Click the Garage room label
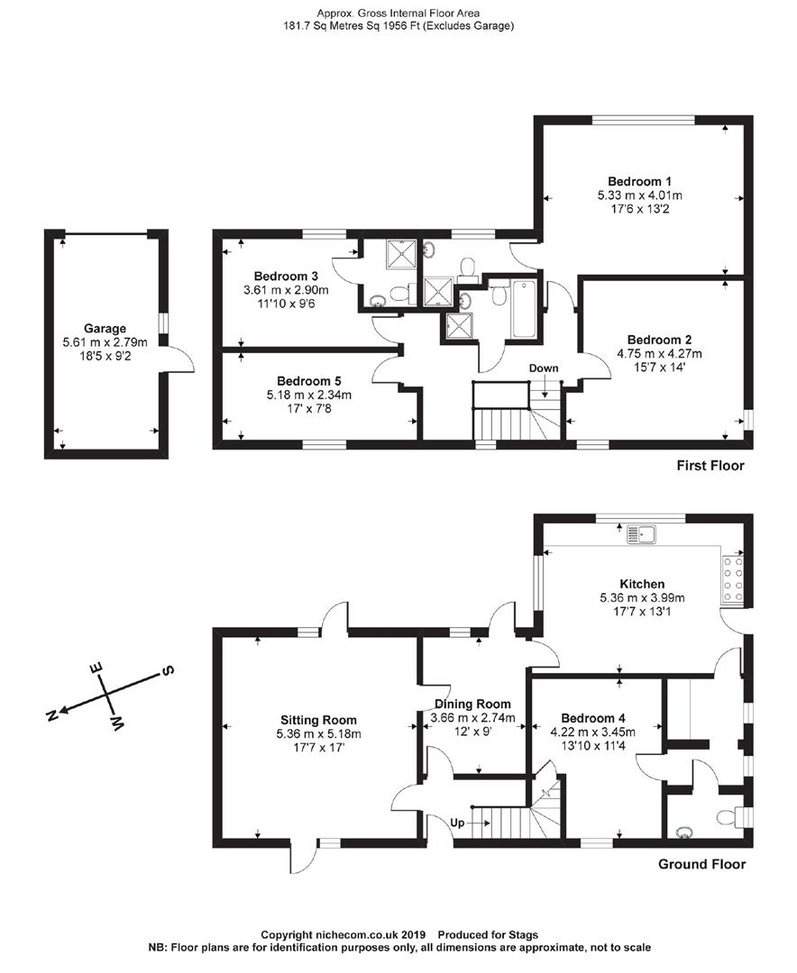click(105, 328)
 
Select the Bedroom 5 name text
click(307, 380)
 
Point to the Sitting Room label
click(318, 720)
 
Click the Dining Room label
click(472, 704)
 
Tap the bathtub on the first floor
click(523, 309)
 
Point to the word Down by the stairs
click(544, 368)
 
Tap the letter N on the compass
click(52, 714)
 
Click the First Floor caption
click(710, 466)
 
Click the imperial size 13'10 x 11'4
click(592, 746)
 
